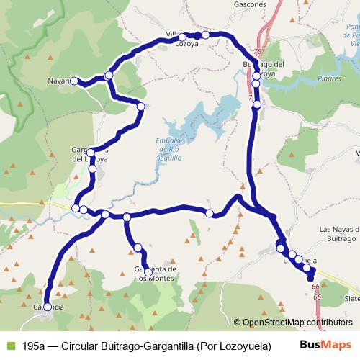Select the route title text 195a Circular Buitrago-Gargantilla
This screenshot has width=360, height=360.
(x=146, y=346)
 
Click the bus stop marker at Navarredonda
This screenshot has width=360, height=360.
(x=73, y=81)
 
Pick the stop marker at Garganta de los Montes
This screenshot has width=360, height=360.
(x=148, y=272)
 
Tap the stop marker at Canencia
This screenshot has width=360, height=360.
(x=48, y=307)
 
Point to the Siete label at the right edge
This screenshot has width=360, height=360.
(x=352, y=297)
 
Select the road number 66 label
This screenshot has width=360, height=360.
(x=315, y=287)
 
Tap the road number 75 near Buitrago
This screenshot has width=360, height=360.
(x=258, y=52)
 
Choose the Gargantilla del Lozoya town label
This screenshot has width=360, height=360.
(x=90, y=154)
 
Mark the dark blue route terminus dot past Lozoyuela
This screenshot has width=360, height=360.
(x=311, y=278)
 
